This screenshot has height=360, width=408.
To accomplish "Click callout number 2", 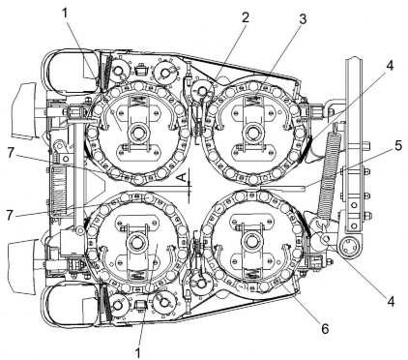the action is coord(246,17).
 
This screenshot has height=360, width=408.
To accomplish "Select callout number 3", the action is coord(302,19).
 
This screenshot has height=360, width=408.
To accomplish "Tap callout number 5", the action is coord(398,146).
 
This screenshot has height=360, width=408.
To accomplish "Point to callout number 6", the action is coord(325,329).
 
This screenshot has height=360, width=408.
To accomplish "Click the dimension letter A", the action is coord(182,177).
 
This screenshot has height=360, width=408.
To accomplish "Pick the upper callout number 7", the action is coord(11,154).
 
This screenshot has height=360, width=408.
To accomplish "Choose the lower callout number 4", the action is coord(391,301).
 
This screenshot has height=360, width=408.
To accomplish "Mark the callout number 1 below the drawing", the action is coord(137,352).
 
